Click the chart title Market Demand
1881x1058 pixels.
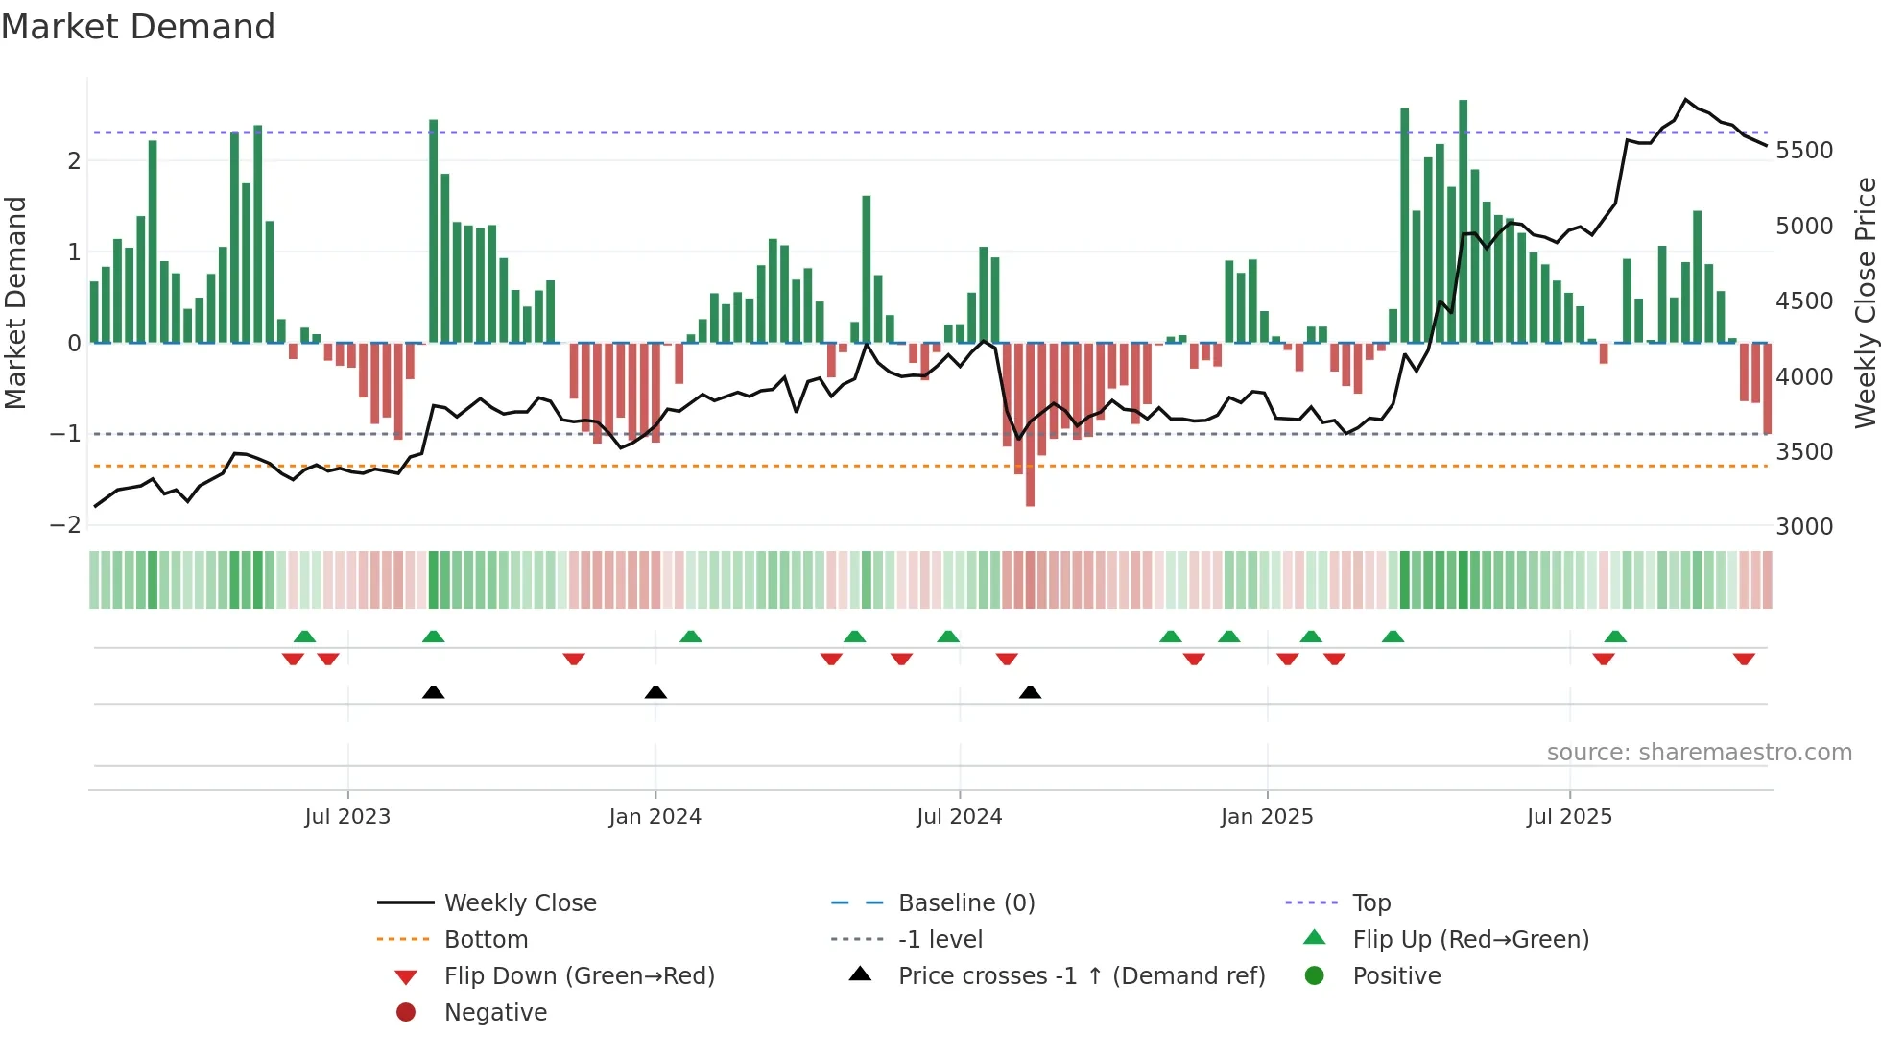point(138,27)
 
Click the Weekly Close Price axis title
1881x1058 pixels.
point(1865,302)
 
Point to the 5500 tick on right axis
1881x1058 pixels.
point(1804,151)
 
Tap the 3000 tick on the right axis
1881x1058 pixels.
point(1804,526)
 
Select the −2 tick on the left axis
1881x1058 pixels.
point(65,525)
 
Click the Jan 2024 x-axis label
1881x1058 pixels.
point(655,817)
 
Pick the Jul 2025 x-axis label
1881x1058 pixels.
point(1569,817)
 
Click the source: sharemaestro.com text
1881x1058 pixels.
point(1699,753)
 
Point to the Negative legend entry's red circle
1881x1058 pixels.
point(406,1013)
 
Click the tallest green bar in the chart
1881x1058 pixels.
point(1463,221)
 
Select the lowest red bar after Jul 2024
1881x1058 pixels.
point(1030,424)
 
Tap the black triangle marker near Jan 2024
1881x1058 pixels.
point(655,693)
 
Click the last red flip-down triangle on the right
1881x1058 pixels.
point(1744,659)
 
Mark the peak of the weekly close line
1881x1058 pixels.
point(1686,100)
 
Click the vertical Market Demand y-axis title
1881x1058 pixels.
point(15,302)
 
